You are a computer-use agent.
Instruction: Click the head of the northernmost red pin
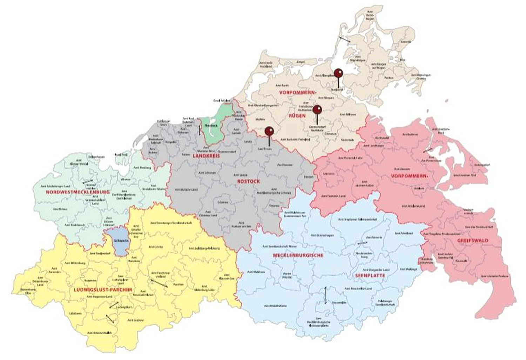click(338, 73)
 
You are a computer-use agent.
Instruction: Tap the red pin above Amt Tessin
click(269, 131)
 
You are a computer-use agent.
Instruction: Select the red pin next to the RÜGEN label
click(317, 109)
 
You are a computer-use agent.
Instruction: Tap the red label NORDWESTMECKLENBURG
click(77, 192)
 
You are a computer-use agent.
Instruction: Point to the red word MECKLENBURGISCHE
click(298, 255)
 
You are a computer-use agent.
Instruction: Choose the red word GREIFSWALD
click(473, 240)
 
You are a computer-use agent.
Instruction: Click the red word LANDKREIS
click(206, 155)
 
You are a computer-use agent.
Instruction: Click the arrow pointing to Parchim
click(159, 284)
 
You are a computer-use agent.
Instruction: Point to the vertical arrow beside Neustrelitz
click(325, 295)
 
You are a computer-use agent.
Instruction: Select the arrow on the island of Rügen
click(344, 40)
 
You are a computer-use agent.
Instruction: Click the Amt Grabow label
click(135, 320)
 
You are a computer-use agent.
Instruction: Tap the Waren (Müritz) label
click(286, 275)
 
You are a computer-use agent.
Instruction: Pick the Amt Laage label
click(241, 175)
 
